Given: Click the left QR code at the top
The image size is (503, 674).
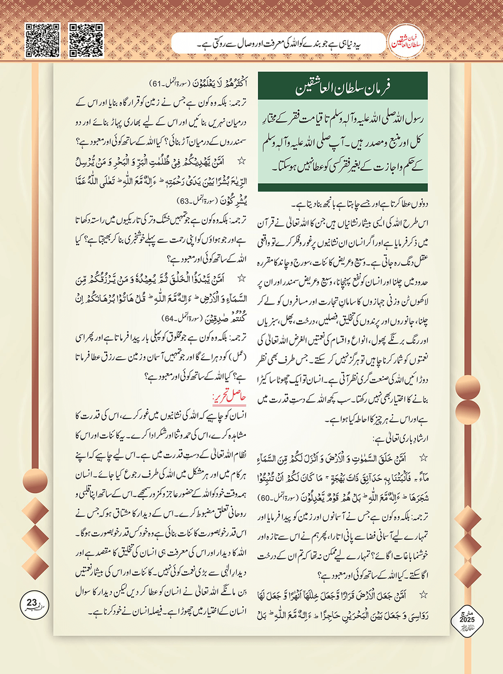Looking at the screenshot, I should (43, 40).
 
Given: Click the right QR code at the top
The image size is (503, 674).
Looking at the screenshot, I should (86, 40).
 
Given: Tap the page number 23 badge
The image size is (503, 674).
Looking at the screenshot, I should (32, 603).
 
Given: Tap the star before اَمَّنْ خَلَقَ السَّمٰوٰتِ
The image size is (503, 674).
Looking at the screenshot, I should (423, 458).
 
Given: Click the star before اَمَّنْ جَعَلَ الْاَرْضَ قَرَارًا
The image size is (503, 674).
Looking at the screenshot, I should (423, 595).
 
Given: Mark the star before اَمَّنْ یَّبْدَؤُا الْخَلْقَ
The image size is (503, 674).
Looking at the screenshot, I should (242, 279).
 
